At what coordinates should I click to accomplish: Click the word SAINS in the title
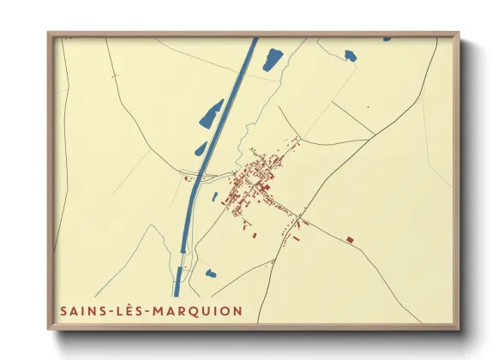coord(80,310)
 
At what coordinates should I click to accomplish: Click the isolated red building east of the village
coord(350,239)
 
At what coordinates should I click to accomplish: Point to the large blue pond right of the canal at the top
coord(273,59)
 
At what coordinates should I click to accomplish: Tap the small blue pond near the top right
coord(350,56)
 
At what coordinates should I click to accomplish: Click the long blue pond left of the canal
coord(211,115)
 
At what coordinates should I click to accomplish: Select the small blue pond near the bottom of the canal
coord(210,274)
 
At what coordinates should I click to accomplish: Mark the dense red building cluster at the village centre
coord(257,176)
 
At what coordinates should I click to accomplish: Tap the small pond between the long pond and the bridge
coord(201,149)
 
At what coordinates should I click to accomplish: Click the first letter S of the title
coord(64,310)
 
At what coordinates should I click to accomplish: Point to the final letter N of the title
coord(237,310)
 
